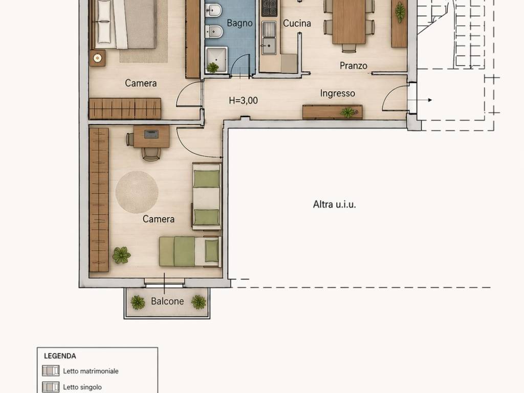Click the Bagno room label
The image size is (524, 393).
pyautogui.click(x=239, y=23)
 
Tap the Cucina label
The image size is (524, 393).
pyautogui.click(x=297, y=23)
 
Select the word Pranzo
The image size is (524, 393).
pyautogui.click(x=354, y=65)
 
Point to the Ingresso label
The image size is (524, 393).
pyautogui.click(x=338, y=93)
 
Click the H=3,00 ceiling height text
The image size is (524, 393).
pyautogui.click(x=243, y=101)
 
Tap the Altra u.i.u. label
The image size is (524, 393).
pyautogui.click(x=334, y=204)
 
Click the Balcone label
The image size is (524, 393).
pyautogui.click(x=167, y=301)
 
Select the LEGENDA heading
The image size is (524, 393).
pyautogui.click(x=60, y=356)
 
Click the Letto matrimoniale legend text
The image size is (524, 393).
pyautogui.click(x=91, y=371)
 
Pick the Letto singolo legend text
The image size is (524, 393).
pyautogui.click(x=82, y=387)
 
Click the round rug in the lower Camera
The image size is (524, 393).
pyautogui.click(x=137, y=192)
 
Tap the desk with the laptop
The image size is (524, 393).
pyautogui.click(x=151, y=136)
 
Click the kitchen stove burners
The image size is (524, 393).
pyautogui.click(x=270, y=8)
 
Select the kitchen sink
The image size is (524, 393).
pyautogui.click(x=269, y=45)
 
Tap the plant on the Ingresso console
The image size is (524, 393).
pyautogui.click(x=348, y=112)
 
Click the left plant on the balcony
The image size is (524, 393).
pyautogui.click(x=138, y=302)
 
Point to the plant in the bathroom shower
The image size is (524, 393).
pyautogui.click(x=213, y=67)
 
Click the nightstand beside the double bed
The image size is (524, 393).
pyautogui.click(x=97, y=58)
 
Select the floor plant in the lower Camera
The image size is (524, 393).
pyautogui.click(x=121, y=255)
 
